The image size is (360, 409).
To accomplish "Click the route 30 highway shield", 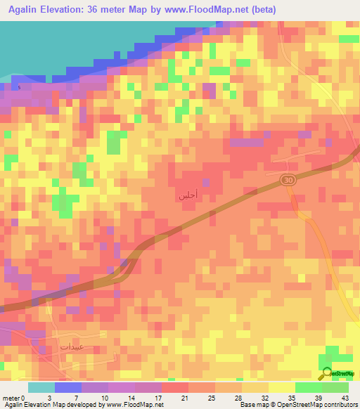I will (288, 181).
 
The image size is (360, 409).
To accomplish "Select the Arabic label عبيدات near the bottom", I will (72, 346).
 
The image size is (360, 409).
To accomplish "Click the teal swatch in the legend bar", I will (41, 387).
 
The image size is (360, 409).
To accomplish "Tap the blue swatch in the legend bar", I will (68, 387).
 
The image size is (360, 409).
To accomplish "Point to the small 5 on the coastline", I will (20, 87).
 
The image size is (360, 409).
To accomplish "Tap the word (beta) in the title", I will (260, 10).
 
